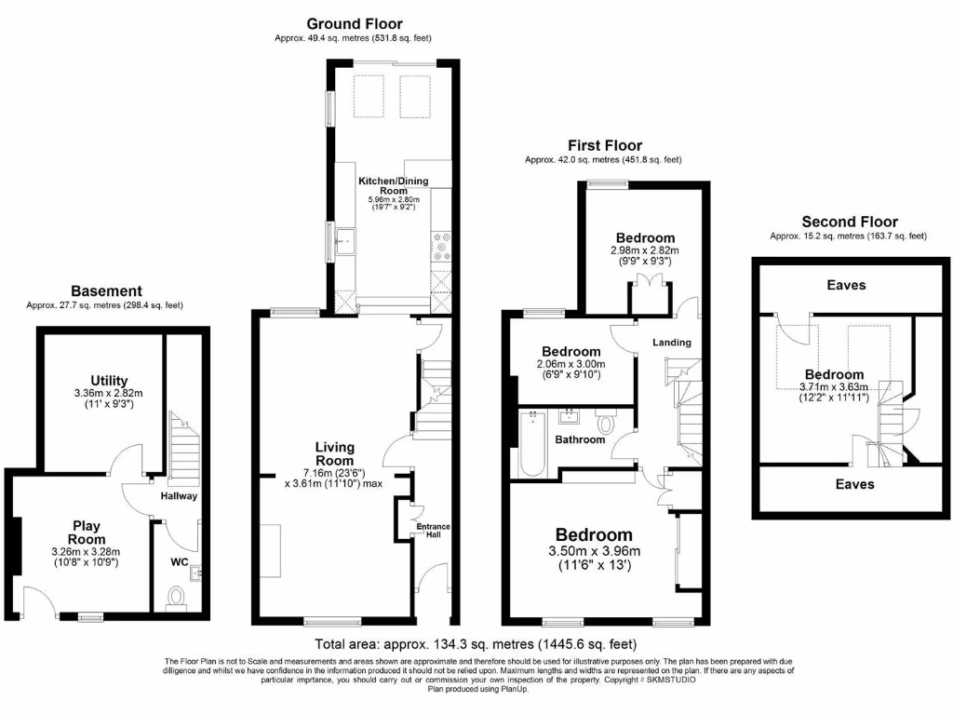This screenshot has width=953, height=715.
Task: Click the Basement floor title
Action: (x=106, y=291)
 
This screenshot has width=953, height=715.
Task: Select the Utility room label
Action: (x=109, y=380)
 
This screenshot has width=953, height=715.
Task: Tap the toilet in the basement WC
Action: (x=176, y=596)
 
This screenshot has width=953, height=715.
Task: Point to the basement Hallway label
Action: (x=178, y=496)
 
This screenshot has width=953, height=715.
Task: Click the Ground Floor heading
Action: (x=354, y=23)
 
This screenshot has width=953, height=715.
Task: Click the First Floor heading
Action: (x=605, y=145)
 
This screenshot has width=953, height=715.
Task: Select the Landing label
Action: (x=671, y=343)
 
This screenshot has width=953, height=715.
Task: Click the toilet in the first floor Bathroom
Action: (x=606, y=424)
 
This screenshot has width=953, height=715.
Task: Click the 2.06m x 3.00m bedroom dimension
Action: (x=570, y=364)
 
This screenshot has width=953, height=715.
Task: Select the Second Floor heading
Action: (x=850, y=222)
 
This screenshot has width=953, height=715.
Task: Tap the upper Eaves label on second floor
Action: (x=845, y=285)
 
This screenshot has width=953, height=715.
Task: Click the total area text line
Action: (x=476, y=643)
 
